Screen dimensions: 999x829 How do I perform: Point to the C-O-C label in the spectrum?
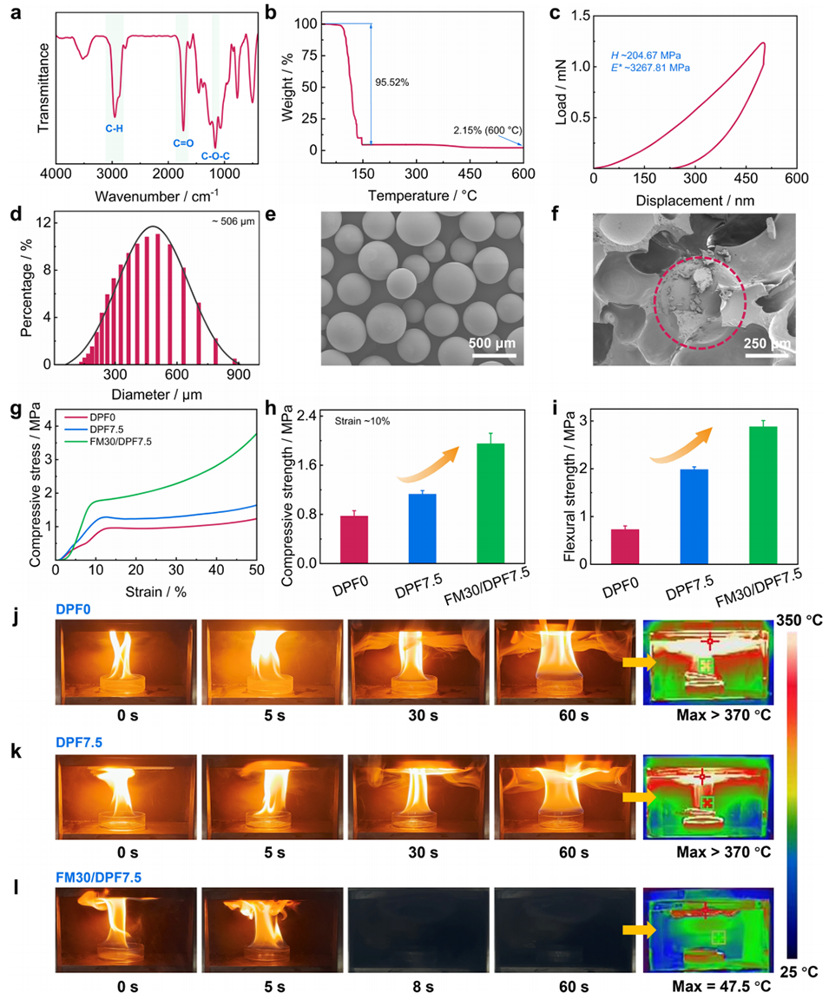pos(216,156)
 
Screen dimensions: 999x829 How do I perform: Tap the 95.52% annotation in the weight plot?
pos(392,82)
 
